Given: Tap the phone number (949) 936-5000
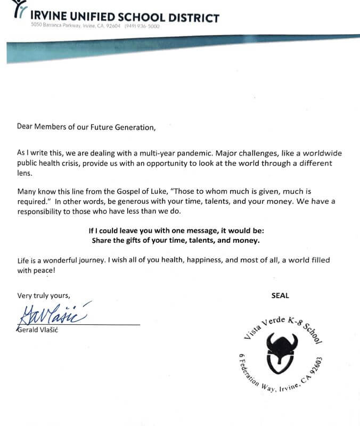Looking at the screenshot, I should [x=142, y=26].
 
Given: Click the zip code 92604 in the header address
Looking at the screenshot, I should [x=113, y=26].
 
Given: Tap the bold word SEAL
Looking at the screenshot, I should [x=280, y=294].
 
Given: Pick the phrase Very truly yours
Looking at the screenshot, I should [x=44, y=294].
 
